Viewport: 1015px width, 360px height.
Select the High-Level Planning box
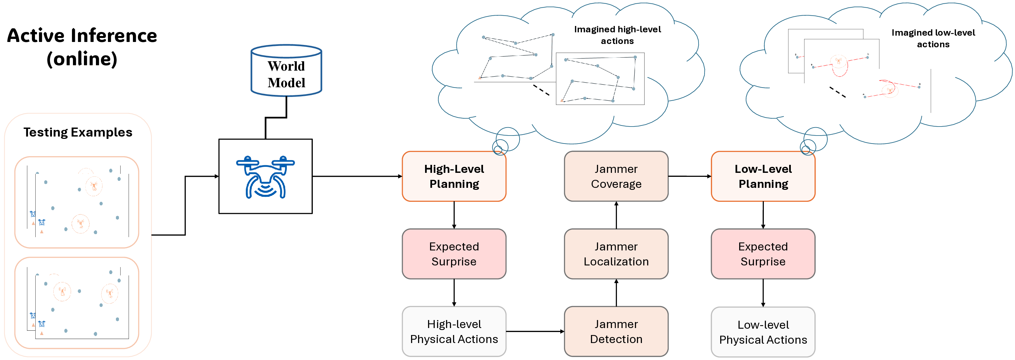pos(454,177)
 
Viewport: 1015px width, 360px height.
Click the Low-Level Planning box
pos(763,177)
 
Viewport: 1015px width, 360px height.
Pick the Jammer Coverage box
pos(616,177)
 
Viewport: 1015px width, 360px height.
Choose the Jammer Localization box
pos(616,254)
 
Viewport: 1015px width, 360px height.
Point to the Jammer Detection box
pos(616,332)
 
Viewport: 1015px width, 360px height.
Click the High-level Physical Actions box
pos(454,332)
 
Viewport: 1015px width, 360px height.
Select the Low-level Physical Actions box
pos(763,332)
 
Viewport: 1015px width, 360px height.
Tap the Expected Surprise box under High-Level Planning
pos(454,254)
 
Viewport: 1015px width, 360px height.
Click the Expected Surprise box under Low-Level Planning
pos(763,254)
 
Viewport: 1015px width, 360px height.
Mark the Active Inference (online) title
pos(82,47)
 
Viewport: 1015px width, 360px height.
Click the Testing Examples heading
pos(78,132)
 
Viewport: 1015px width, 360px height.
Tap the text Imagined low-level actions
pos(933,38)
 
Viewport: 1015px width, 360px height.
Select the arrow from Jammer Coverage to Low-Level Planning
pos(690,176)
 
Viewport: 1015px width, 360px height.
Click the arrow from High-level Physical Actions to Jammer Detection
pos(535,332)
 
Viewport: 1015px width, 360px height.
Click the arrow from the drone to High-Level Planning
pos(356,177)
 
